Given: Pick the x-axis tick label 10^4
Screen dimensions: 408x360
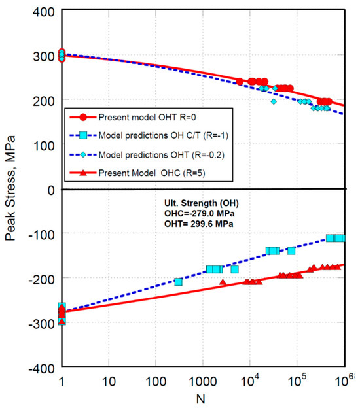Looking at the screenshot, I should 249,381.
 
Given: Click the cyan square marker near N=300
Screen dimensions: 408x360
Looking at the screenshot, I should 179,282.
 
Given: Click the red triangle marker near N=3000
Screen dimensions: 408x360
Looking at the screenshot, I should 223,282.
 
